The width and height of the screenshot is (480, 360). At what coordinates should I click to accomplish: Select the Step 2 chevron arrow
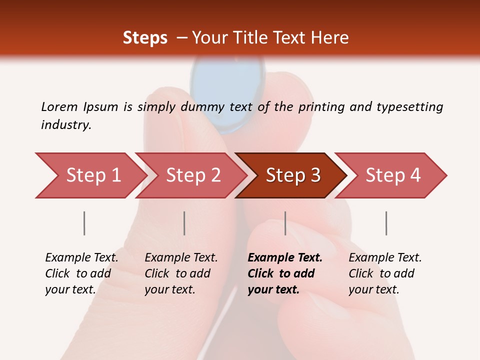coord(192,175)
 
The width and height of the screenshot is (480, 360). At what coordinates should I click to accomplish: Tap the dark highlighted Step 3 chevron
coord(292,175)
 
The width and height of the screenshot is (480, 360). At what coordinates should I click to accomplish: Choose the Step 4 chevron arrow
coord(392,175)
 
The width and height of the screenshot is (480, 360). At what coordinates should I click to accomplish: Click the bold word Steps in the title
coord(145,38)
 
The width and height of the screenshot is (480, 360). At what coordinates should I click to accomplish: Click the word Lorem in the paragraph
coord(59,106)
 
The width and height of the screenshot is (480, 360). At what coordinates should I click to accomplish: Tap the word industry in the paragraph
coord(66,124)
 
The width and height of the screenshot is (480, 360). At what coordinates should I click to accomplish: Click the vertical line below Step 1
coord(84,223)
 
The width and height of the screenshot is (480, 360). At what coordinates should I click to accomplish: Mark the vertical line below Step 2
coord(184,223)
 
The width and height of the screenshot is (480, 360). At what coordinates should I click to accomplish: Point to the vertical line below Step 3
coord(285,223)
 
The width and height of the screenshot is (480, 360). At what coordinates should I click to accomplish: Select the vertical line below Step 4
coord(386,223)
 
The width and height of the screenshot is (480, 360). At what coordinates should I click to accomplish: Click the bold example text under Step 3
coord(284,273)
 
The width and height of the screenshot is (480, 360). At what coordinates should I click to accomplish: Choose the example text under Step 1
coord(81,273)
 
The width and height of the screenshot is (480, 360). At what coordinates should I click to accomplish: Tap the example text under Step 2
coord(181,273)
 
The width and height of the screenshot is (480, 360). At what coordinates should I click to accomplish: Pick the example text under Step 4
coord(384,273)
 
